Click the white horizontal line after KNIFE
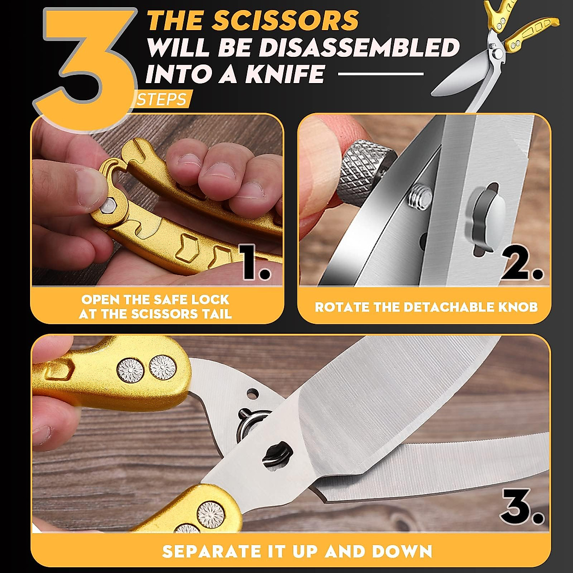tap(381, 74)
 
